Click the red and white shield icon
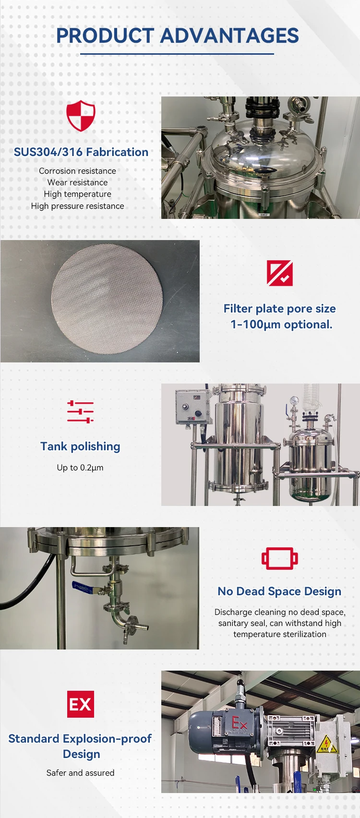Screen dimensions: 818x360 point(81,116)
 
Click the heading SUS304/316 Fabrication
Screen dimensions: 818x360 point(81,152)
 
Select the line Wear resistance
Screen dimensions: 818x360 point(77,182)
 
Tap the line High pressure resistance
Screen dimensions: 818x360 point(77,206)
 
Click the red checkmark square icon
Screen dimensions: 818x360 point(280,273)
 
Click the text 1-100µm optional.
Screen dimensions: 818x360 point(281,325)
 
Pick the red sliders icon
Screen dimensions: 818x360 point(80,412)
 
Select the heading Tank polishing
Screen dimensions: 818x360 point(80,446)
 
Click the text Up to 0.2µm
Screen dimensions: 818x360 point(80,468)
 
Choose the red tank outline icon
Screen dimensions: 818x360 point(280,558)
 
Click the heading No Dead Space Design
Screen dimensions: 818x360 point(279,591)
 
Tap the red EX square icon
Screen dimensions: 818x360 point(80,704)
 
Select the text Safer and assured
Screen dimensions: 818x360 point(80,773)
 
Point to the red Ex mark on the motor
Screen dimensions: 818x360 point(240,723)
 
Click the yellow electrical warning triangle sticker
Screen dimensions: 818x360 point(326,744)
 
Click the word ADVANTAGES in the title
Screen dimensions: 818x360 point(229,36)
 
